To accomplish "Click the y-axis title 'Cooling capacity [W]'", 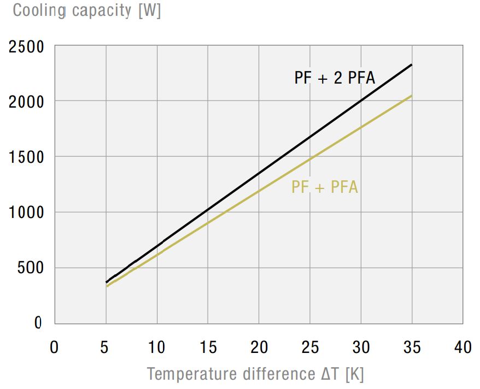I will pyautogui.click(x=87, y=10).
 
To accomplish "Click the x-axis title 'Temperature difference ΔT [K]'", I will pyautogui.click(x=255, y=374).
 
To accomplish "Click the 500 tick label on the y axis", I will pyautogui.click(x=31, y=268).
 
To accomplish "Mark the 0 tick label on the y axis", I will pyautogui.click(x=38, y=323).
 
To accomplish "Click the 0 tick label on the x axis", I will pyautogui.click(x=54, y=347).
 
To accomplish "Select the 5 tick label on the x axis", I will pyautogui.click(x=106, y=347).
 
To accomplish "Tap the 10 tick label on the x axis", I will pyautogui.click(x=157, y=347).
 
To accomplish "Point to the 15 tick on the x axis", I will pyautogui.click(x=208, y=347).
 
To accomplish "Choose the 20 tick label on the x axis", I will pyautogui.click(x=259, y=347).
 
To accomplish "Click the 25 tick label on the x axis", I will pyautogui.click(x=310, y=347).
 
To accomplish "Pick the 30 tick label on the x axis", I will pyautogui.click(x=361, y=347).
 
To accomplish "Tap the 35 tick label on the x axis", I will pyautogui.click(x=412, y=347).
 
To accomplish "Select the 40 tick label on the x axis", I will pyautogui.click(x=463, y=347).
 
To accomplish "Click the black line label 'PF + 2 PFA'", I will pyautogui.click(x=335, y=78).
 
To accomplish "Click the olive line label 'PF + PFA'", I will pyautogui.click(x=324, y=187).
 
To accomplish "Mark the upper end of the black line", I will pyautogui.click(x=411, y=65).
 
